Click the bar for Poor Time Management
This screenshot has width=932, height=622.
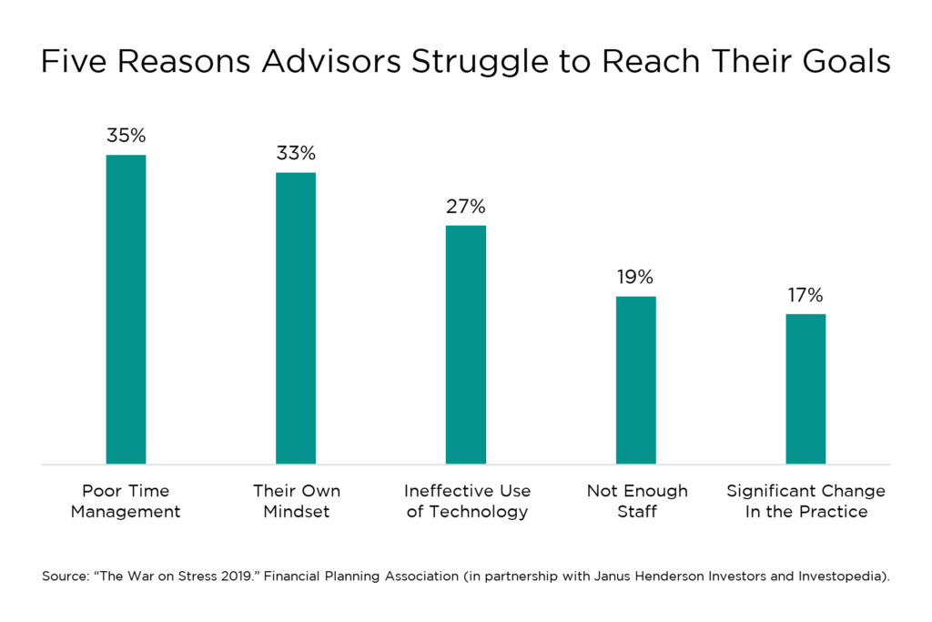click(126, 310)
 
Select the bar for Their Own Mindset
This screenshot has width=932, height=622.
click(296, 318)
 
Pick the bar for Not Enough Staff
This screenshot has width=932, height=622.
click(635, 380)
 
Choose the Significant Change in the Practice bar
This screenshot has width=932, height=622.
click(805, 389)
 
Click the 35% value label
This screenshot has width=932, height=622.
click(126, 136)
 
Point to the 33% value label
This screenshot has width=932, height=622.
click(296, 153)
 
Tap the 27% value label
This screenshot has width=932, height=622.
click(465, 206)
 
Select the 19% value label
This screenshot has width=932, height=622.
click(635, 277)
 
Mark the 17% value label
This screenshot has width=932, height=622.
click(805, 295)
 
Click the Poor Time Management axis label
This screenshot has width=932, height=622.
click(126, 501)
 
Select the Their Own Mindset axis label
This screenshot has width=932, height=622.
click(296, 501)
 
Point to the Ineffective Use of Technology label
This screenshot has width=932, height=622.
click(467, 501)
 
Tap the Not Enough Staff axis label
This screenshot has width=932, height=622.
click(637, 501)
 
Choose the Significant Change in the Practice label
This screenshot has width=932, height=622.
click(805, 501)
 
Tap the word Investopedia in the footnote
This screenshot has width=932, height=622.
click(835, 576)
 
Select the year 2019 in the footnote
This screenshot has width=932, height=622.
click(221, 576)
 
